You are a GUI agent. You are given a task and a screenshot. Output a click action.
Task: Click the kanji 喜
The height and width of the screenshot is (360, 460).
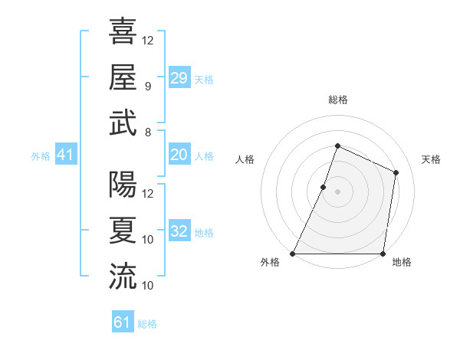[123, 31]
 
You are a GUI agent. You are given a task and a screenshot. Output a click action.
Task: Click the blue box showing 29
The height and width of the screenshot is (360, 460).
[179, 78]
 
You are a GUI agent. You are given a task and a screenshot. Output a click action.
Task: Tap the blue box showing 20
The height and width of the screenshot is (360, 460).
[179, 155]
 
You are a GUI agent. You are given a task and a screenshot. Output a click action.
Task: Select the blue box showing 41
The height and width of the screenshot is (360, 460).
[65, 155]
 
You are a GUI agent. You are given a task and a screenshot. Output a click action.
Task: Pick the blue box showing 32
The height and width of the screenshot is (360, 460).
[179, 231]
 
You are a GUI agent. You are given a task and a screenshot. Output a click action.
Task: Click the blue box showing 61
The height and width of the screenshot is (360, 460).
[123, 322]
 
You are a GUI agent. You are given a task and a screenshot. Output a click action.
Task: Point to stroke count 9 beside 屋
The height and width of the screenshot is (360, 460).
[148, 87]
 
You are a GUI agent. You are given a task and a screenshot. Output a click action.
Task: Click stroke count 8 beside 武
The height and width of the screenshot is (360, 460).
[148, 133]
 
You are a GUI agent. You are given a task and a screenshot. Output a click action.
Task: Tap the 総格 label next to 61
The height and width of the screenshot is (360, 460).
[147, 324]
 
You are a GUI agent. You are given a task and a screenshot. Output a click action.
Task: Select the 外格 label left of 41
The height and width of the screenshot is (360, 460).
[41, 156]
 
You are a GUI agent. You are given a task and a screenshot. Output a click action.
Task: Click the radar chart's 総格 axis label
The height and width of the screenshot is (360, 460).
[337, 100]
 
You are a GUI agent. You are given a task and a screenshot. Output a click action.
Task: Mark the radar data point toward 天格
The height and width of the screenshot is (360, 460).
[396, 172]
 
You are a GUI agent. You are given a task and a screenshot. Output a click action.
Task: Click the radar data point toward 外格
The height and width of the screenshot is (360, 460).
[293, 254]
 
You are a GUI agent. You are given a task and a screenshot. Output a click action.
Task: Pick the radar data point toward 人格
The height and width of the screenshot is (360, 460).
[324, 187]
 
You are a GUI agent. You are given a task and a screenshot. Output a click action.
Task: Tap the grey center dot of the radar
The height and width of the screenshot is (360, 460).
[337, 191]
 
